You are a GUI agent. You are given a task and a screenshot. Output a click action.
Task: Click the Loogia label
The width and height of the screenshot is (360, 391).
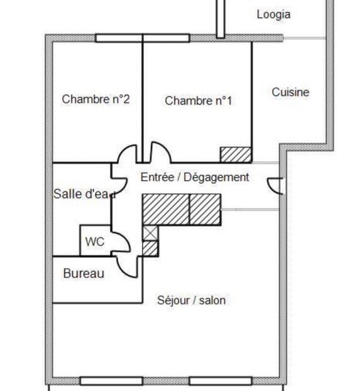(x=274, y=14)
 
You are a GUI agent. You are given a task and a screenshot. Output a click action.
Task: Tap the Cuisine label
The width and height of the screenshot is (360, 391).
(x=290, y=92)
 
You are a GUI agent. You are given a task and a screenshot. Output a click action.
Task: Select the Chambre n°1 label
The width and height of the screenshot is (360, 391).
(x=199, y=101)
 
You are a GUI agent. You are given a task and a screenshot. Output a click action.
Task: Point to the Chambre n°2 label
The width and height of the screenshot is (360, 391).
(x=96, y=99)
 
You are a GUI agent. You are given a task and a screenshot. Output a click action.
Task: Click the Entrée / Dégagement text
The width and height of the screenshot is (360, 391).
(x=195, y=178)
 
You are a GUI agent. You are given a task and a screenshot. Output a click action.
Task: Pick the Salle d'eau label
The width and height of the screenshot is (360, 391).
(x=85, y=194)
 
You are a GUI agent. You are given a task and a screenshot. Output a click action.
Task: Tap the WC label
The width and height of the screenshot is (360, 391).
(x=95, y=242)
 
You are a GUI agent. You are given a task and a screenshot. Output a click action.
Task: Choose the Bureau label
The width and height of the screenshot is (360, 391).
(x=84, y=274)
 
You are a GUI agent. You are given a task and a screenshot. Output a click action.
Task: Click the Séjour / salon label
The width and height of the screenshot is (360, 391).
(x=191, y=300)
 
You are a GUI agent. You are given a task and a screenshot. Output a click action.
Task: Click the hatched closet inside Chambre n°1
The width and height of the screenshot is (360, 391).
(x=236, y=155)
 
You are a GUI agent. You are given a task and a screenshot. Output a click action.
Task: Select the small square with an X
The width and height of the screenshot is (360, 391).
(x=150, y=233)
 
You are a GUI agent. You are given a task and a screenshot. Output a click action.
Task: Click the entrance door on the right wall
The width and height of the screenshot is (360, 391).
(x=275, y=186)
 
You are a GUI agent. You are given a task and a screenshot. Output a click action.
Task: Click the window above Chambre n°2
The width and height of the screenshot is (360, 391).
(x=119, y=38)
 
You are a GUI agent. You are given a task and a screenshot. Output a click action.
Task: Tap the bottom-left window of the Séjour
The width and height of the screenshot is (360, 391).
(x=111, y=381)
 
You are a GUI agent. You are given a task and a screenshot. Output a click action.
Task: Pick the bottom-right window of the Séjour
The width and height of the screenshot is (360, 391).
(x=221, y=381)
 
